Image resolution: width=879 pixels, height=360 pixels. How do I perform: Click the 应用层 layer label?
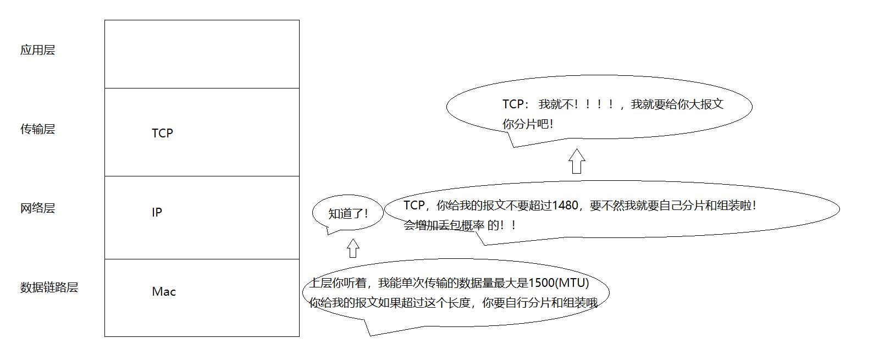pos(37,50)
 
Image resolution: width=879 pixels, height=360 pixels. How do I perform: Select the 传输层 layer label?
pos(37,129)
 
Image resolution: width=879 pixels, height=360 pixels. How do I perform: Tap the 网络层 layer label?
pos(37,208)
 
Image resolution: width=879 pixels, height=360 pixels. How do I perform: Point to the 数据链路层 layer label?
pos(49,287)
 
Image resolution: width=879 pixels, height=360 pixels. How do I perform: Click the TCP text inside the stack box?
pos(162,133)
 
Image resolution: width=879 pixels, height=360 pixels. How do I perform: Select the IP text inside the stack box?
pos(157,212)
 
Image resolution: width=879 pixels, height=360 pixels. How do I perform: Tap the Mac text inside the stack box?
pos(164,291)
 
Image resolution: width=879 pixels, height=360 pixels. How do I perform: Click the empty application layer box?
pos(202,54)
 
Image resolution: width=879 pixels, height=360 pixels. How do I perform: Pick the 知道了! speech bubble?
pos(347,214)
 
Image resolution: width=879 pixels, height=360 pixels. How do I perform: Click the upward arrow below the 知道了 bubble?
pos(353,248)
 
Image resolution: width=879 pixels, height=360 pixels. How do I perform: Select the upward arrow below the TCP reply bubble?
pos(576,161)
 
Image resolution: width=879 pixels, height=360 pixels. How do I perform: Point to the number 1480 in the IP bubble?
pos(565,206)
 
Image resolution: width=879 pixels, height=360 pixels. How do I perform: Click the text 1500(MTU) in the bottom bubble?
pos(559,283)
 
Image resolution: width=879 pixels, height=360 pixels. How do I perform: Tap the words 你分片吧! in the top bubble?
pos(528,124)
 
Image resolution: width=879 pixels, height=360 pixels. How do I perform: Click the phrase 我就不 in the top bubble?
pos(555,104)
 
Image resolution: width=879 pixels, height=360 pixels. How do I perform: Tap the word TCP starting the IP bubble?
pos(414,206)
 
